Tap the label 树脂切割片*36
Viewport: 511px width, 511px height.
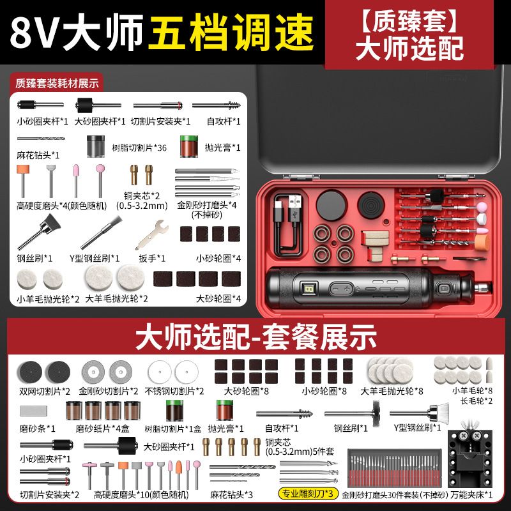tap(139, 148)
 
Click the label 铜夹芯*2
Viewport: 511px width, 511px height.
tap(142, 196)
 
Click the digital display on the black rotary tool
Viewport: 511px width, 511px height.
tap(309, 289)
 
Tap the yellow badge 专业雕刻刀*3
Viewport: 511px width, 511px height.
tap(308, 493)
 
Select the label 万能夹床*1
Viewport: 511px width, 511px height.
tap(471, 494)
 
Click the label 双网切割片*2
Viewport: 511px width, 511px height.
tap(45, 392)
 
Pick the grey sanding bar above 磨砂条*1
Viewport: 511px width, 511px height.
tap(33, 411)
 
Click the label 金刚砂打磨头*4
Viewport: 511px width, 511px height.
tap(206, 205)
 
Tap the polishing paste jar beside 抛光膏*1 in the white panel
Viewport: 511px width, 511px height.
tap(189, 147)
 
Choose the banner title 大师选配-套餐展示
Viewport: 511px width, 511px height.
tap(256, 337)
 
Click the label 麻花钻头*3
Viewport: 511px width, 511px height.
tap(231, 494)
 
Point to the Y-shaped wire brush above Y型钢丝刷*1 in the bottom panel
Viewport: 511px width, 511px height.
tap(420, 413)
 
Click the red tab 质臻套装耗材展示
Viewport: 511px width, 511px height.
tap(57, 84)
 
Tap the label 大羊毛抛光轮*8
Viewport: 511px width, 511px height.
tap(392, 391)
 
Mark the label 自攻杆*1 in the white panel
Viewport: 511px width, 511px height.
tap(224, 121)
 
